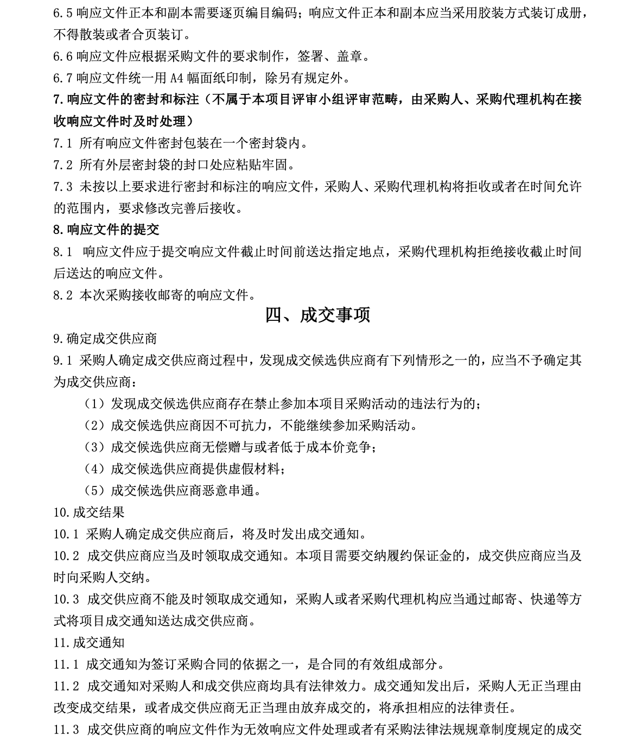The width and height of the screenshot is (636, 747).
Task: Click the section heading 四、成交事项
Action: (317, 315)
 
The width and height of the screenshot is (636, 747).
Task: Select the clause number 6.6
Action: (63, 56)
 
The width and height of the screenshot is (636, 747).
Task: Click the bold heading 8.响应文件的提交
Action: (106, 230)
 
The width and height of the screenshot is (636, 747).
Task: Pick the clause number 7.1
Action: (63, 143)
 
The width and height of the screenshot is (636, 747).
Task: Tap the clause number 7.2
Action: (63, 165)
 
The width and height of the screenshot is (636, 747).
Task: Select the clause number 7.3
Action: (63, 187)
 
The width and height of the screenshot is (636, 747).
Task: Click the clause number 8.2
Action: (63, 295)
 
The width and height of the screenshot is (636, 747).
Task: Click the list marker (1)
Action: (94, 404)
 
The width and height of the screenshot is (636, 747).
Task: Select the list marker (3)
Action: (94, 447)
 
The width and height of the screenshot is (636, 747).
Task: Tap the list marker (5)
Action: (94, 491)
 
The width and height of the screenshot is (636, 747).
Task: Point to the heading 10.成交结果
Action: (89, 512)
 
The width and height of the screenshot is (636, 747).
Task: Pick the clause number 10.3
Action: (66, 599)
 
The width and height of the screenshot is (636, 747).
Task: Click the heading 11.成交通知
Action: (89, 643)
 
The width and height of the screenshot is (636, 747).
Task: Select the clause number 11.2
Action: (66, 686)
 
